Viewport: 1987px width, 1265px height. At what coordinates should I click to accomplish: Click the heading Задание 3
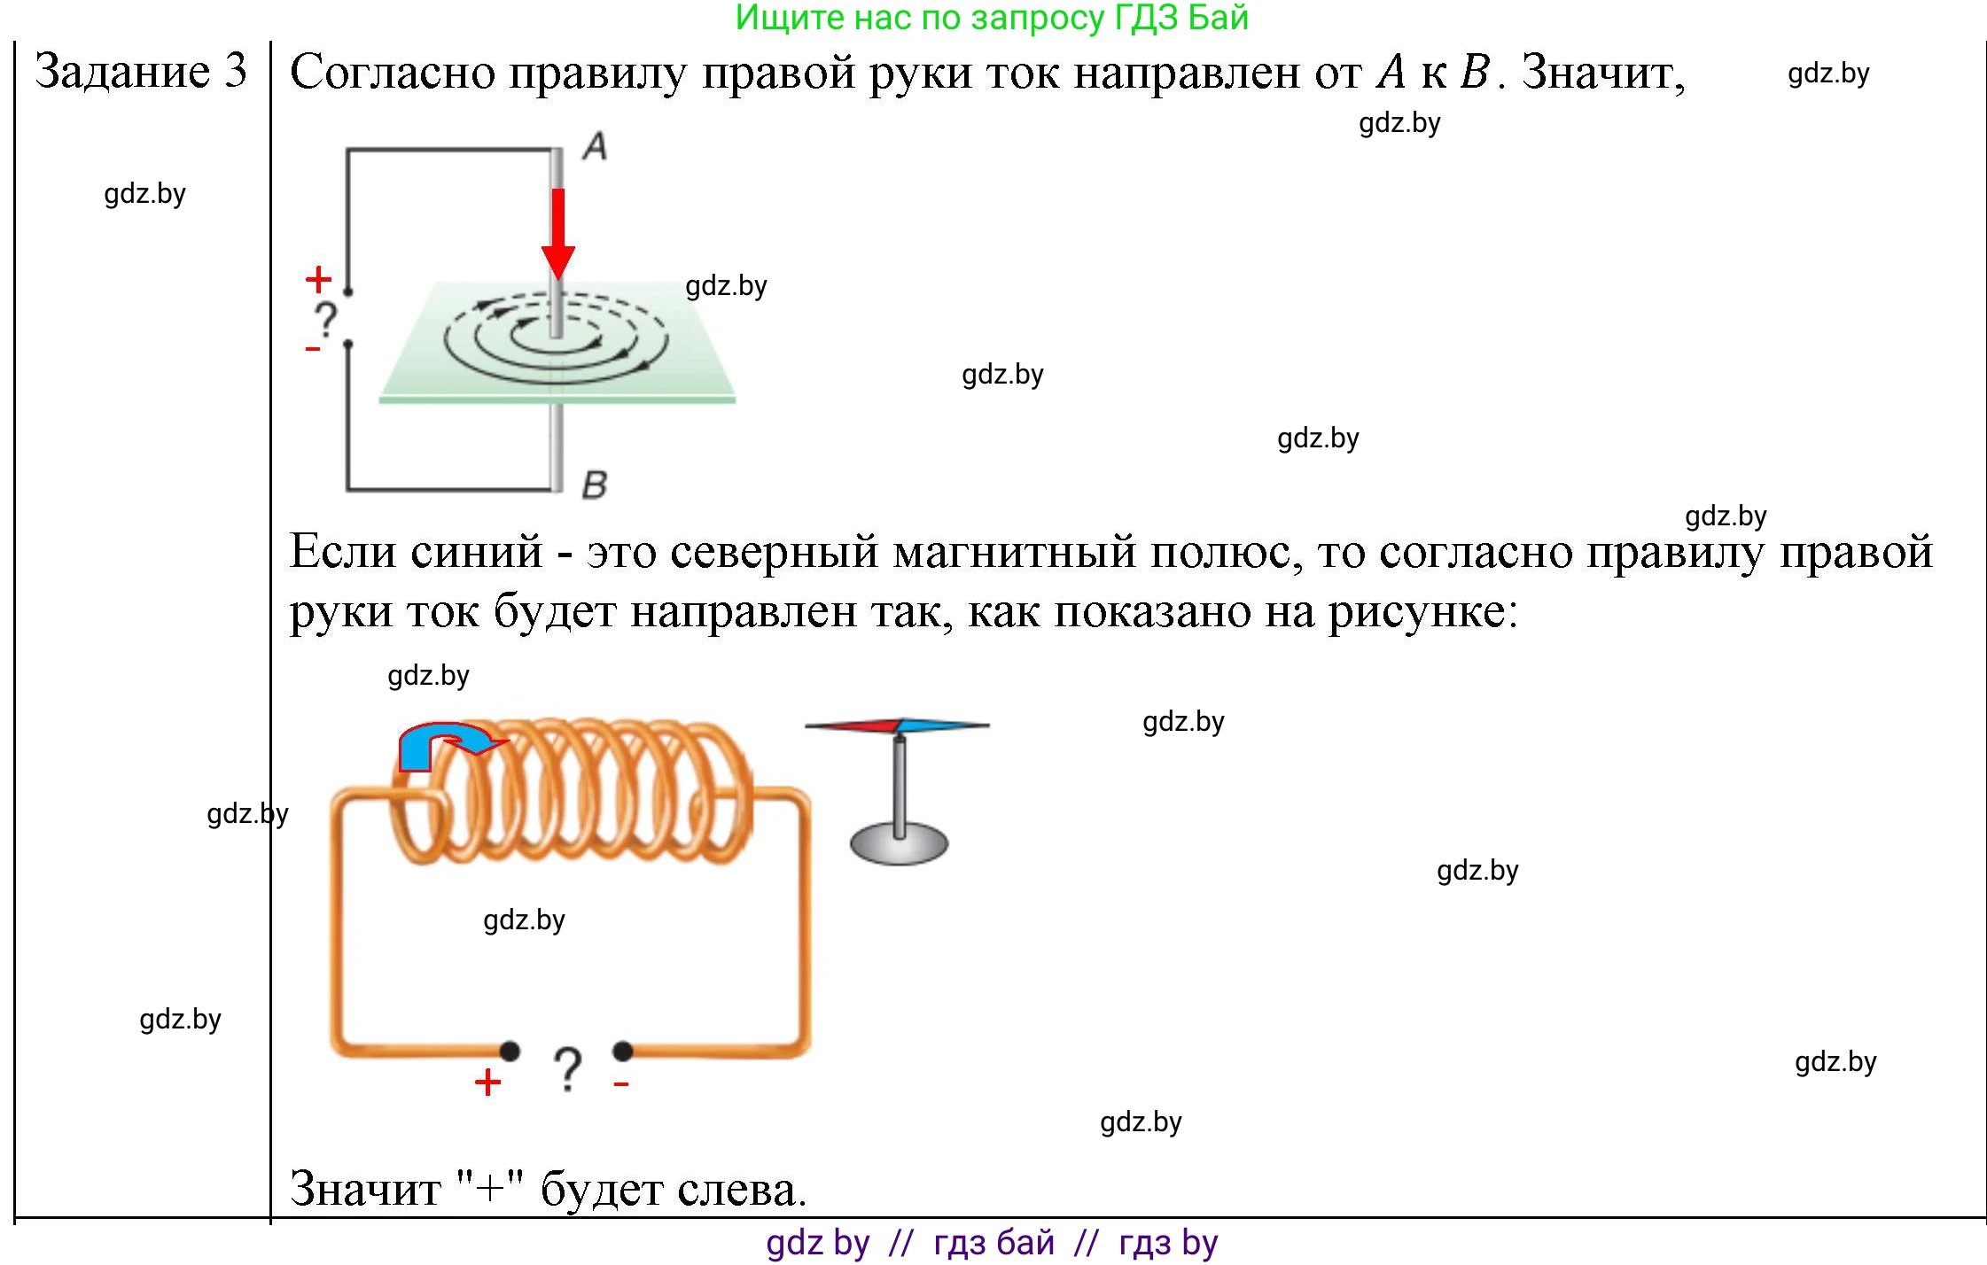coord(141,71)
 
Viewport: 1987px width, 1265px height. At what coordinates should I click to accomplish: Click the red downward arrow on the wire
coord(558,234)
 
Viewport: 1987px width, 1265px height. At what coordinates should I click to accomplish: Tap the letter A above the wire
coord(596,146)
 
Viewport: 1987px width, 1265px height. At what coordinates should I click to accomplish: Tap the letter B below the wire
coord(595,485)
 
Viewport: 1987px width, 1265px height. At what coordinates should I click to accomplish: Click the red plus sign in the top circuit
coord(318,280)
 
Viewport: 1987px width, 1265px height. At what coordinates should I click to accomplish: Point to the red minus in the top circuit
coord(312,350)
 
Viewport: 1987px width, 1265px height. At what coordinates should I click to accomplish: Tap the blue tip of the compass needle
coord(945,726)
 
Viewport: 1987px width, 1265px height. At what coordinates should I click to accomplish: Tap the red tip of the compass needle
coord(853,726)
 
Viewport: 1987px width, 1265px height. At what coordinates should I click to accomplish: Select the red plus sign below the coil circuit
coord(487,1083)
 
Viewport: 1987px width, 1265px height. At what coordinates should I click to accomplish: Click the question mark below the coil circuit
coord(567,1070)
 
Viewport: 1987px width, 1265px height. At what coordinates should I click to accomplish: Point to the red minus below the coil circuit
coord(621,1083)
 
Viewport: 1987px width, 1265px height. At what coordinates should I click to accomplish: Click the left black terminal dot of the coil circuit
coord(510,1052)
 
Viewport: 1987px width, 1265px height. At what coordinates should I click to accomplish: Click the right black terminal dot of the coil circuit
coord(623,1052)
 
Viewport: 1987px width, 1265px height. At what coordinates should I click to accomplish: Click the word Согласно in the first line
coord(393,72)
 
